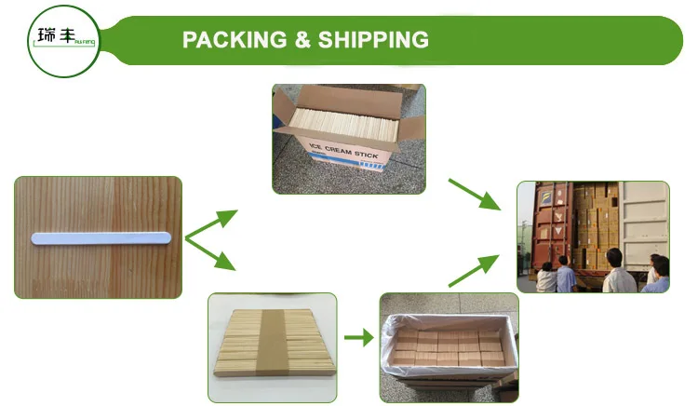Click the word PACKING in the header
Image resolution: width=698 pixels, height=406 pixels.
tap(232, 40)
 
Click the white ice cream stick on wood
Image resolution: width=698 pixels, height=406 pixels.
tap(101, 237)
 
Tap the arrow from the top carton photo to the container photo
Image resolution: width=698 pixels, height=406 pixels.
tap(475, 194)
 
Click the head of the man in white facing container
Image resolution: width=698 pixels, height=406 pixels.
tap(612, 255)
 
